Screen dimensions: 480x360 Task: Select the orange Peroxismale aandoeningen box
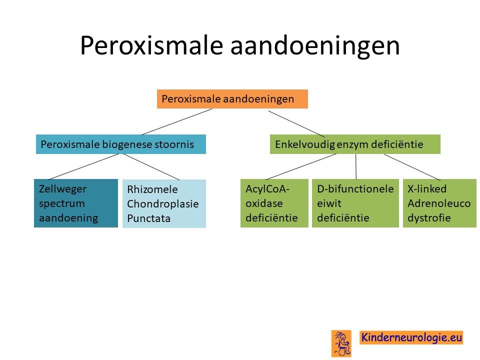(232, 99)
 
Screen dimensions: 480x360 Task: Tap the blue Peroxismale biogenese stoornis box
(121, 144)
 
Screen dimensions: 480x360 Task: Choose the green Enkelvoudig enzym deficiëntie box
(355, 144)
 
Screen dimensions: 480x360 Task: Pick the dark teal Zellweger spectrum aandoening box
(76, 203)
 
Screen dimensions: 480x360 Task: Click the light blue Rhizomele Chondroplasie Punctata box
(164, 203)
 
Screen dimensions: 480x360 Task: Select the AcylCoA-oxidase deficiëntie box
(274, 203)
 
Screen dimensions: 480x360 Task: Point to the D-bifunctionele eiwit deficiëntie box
(355, 203)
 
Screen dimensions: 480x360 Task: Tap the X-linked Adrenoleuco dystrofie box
(439, 203)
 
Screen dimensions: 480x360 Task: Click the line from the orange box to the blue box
(177, 122)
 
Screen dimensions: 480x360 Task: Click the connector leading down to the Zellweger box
(83, 166)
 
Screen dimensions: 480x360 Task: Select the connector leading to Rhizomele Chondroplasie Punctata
(151, 167)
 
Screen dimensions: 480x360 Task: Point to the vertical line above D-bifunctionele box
(355, 166)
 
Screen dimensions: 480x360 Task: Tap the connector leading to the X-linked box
(412, 167)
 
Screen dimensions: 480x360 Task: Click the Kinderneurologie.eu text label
(411, 337)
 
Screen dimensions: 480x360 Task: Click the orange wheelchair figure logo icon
(341, 343)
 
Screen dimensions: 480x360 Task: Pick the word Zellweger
(63, 189)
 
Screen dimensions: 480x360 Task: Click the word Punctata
(149, 218)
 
